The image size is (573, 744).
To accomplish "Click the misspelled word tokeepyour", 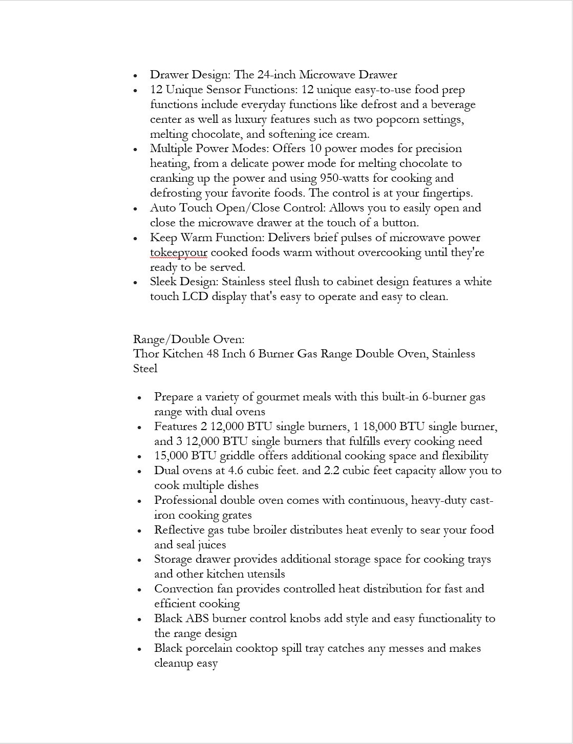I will [178, 252].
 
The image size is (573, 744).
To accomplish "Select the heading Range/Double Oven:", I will [188, 339].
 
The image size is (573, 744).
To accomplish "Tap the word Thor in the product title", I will [146, 354].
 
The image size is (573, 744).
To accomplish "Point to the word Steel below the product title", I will [145, 369].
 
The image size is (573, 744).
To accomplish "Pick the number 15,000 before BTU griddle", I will [171, 456].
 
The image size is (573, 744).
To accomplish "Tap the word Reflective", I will [179, 530].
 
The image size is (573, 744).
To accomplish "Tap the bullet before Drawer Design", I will [135, 76].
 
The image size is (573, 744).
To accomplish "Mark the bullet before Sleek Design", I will [135, 283].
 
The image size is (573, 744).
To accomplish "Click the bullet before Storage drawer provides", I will [139, 560].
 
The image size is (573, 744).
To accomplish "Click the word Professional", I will [186, 500].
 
